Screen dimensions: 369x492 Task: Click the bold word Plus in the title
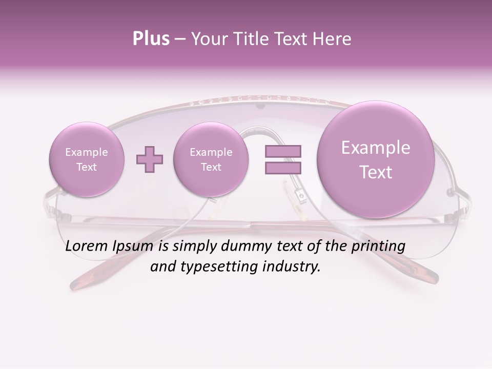pyautogui.click(x=151, y=39)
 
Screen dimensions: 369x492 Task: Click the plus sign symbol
pyautogui.click(x=149, y=159)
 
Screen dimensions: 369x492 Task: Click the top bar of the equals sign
pyautogui.click(x=283, y=151)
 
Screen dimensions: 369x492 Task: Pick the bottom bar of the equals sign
pyautogui.click(x=283, y=168)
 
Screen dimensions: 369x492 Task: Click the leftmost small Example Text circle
pyautogui.click(x=86, y=159)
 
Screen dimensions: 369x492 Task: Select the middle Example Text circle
pyautogui.click(x=211, y=159)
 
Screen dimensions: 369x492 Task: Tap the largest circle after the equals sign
pyautogui.click(x=376, y=159)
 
